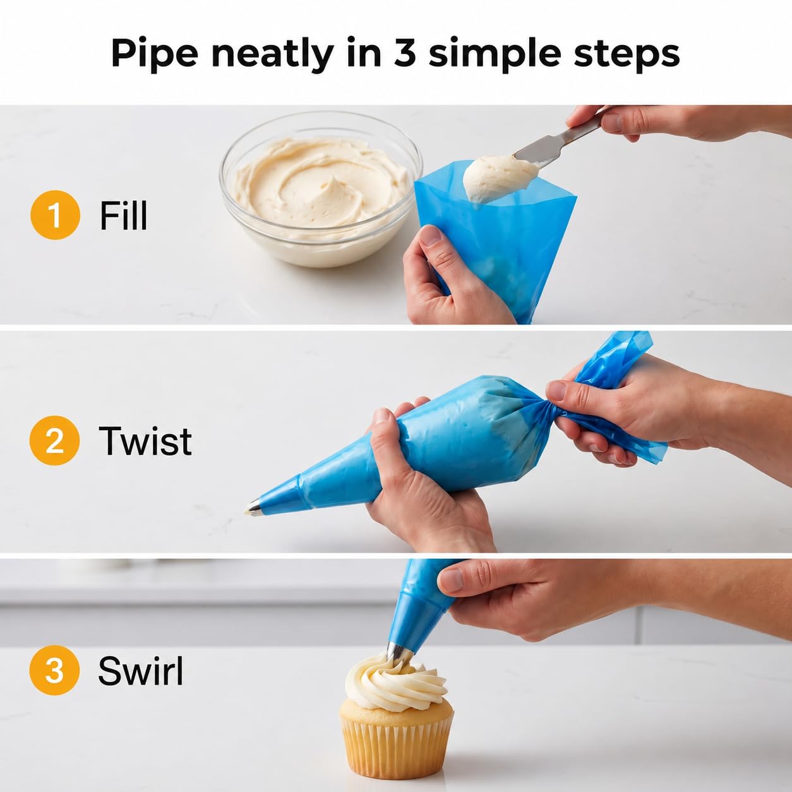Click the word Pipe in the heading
pos(155,55)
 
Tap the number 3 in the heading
pos(404,53)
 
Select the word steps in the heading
pos(627,55)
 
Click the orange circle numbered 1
pos(55,215)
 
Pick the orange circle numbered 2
pos(54,441)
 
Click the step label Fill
pos(123,215)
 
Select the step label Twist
pos(145,441)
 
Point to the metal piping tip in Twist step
pos(254,509)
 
